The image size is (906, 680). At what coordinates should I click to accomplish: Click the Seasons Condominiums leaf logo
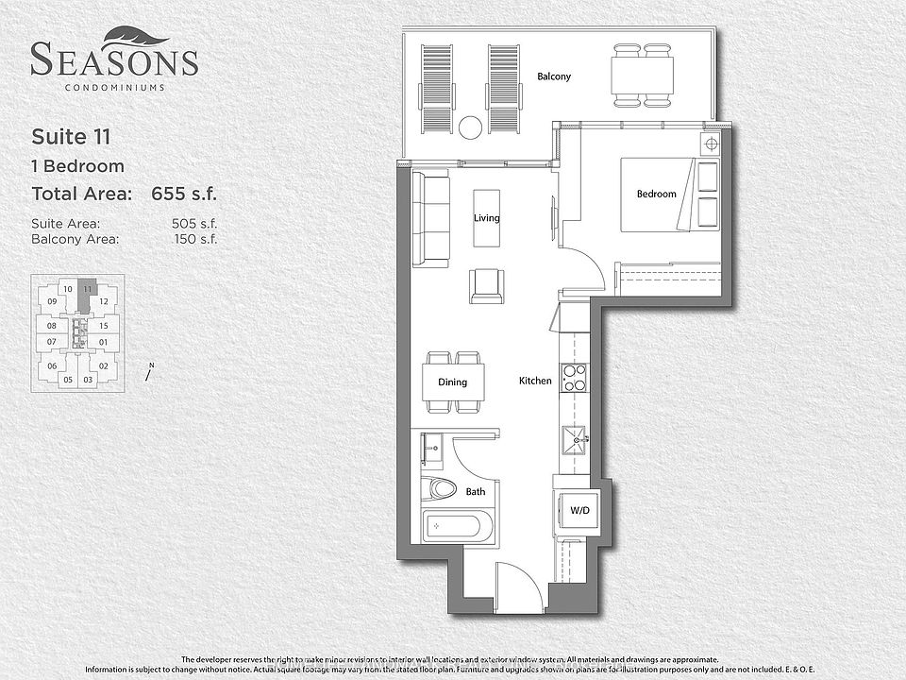tap(138, 35)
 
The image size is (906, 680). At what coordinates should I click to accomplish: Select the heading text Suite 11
tap(72, 136)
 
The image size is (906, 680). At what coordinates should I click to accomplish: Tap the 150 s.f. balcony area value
tap(195, 240)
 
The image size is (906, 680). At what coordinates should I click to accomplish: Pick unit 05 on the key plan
tap(67, 380)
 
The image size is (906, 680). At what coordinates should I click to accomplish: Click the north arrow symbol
tap(149, 371)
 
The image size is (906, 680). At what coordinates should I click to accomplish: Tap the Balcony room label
tap(553, 76)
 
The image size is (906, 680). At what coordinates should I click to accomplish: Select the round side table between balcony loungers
tap(470, 127)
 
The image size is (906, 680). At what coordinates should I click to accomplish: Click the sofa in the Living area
tap(430, 218)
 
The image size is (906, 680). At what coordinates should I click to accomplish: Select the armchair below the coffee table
tap(486, 285)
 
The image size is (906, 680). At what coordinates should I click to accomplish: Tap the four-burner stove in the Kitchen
tap(573, 377)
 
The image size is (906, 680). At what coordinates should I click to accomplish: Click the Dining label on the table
tap(453, 382)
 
